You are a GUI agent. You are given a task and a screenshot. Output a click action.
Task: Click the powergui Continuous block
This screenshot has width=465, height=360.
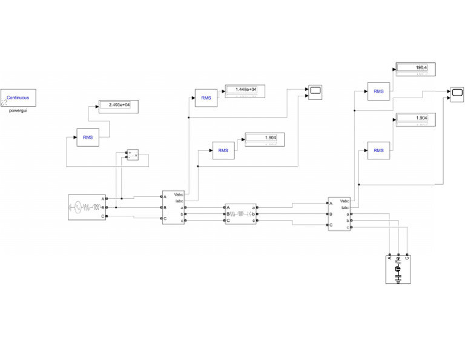(19, 98)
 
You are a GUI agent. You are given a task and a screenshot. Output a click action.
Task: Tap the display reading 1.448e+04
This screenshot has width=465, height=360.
(245, 90)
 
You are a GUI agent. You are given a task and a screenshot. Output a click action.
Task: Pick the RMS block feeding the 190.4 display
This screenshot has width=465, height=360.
(378, 91)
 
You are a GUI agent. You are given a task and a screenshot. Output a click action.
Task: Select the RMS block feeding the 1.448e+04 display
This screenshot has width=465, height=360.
(206, 98)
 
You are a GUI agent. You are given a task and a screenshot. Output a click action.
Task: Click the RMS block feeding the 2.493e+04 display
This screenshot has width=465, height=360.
(88, 138)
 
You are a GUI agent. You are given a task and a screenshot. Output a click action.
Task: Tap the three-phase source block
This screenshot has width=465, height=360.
(87, 207)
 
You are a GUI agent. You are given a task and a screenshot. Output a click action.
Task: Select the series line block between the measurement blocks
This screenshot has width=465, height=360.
(241, 214)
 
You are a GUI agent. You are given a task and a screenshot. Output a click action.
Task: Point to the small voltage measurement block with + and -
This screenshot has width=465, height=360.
(131, 155)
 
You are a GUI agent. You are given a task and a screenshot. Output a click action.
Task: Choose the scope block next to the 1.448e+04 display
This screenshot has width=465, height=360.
(315, 92)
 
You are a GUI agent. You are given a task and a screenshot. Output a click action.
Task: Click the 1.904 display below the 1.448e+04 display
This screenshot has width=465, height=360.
(265, 138)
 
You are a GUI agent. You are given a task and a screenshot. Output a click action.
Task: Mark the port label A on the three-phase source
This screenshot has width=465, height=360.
(103, 198)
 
